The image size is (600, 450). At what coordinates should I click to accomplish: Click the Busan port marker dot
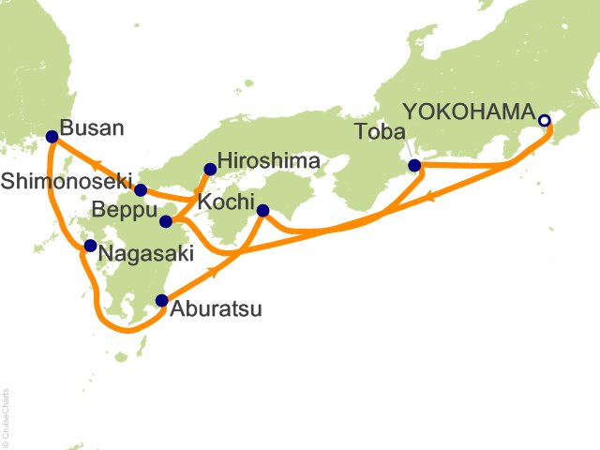coord(52,137)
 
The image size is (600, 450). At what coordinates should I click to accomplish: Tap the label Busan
coord(91,127)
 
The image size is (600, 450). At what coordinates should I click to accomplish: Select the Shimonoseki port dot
coord(141,189)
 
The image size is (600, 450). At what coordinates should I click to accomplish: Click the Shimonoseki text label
coord(65,180)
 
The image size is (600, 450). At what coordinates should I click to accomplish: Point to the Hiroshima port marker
coord(210,170)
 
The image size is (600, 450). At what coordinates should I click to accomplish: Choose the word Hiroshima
coord(268,161)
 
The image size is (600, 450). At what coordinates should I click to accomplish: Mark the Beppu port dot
coord(165,221)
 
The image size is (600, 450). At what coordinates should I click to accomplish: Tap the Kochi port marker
coord(262,210)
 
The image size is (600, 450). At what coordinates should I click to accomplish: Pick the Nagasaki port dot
coord(90,247)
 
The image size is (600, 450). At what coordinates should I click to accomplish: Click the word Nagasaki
coord(139,254)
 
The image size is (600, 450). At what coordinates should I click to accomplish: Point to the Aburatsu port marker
coord(162,301)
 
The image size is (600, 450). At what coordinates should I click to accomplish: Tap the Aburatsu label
coord(215,307)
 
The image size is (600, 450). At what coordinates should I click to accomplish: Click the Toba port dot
coord(415,166)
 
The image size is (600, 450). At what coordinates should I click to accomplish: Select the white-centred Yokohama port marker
coord(545,120)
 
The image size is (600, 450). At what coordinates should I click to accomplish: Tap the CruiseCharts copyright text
coord(7,412)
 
